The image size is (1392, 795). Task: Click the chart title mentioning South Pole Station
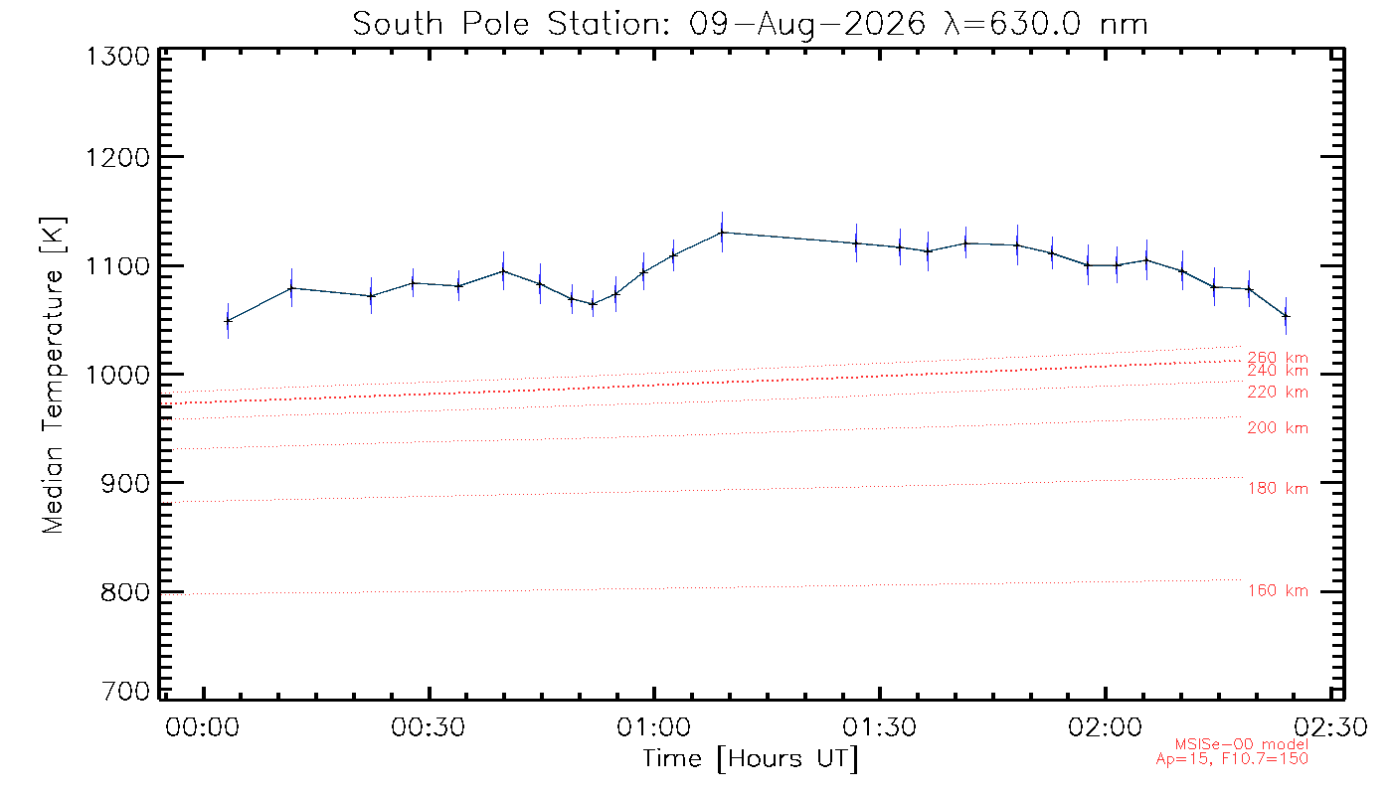coord(750,25)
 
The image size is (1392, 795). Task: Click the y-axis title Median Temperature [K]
coord(54,376)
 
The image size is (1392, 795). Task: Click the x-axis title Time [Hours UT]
coord(750,759)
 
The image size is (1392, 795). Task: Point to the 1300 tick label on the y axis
coord(118,58)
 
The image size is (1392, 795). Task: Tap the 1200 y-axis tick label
coord(118,158)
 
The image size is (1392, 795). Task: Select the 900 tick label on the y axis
coord(125,484)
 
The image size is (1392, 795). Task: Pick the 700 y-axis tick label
coord(125,691)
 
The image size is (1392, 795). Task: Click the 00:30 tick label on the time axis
coord(429,727)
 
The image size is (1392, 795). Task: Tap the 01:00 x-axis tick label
coord(654,727)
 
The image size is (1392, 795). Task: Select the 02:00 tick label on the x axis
coord(1105,727)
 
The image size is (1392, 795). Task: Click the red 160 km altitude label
coord(1278,590)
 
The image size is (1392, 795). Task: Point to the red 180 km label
coord(1278,488)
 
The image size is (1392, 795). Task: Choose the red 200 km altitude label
coord(1278,428)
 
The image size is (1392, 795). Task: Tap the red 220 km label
coord(1278,392)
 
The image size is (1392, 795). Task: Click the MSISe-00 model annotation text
coord(1241,744)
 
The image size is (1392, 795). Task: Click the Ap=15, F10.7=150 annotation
coord(1232,759)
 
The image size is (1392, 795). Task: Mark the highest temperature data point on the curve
coord(722,233)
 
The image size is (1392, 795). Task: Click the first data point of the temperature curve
coord(228,321)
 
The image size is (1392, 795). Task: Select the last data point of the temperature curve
coord(1286,316)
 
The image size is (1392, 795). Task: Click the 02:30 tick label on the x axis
coord(1330,727)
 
